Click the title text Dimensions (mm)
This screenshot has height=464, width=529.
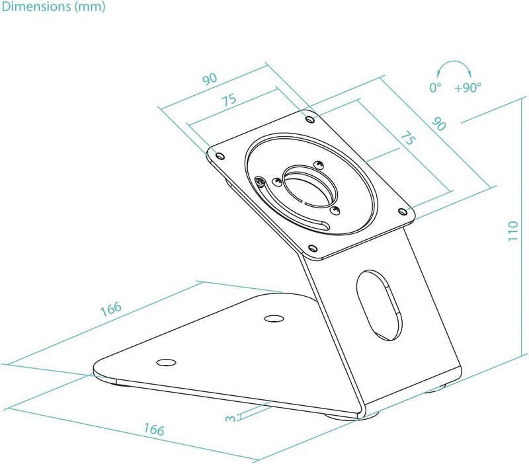pyautogui.click(x=52, y=8)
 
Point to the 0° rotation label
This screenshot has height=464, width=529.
pyautogui.click(x=435, y=87)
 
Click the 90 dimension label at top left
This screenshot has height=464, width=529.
pyautogui.click(x=210, y=79)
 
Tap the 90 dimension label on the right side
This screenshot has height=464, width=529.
pyautogui.click(x=438, y=123)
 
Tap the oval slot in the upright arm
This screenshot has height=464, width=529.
pyautogui.click(x=378, y=303)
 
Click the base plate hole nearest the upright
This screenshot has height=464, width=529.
pyautogui.click(x=272, y=319)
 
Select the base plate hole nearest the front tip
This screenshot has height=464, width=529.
pyautogui.click(x=166, y=362)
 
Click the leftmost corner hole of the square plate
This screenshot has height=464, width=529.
pyautogui.click(x=221, y=156)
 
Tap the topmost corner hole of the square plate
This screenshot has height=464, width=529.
pyautogui.click(x=310, y=119)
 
